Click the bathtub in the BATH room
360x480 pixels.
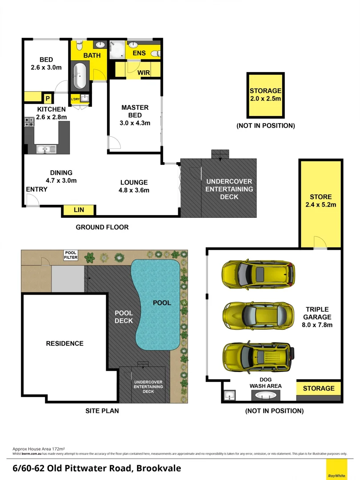80,76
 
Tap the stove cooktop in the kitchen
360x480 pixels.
29,122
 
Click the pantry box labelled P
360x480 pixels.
47,98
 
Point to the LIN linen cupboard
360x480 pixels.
79,210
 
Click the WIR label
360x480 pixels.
143,72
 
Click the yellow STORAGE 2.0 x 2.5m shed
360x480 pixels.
265,95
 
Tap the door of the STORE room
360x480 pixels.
320,243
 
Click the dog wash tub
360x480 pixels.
266,395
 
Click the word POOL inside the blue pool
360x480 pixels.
162,303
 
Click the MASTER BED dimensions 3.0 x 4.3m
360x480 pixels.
135,123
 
